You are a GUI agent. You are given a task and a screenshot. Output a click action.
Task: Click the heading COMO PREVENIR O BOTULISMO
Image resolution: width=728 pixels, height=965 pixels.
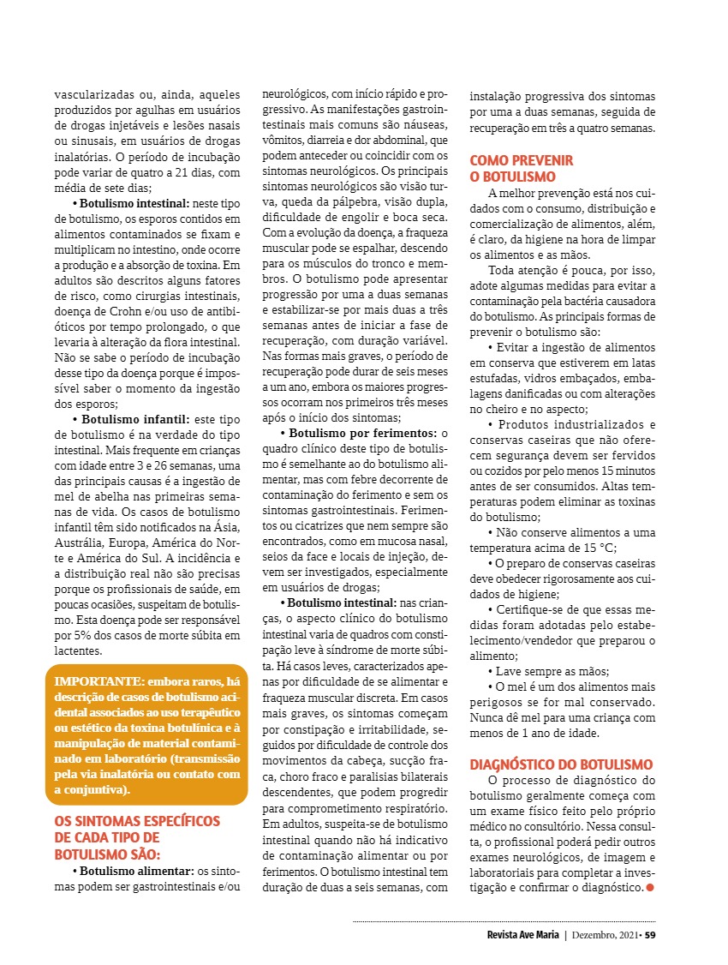(x=522, y=168)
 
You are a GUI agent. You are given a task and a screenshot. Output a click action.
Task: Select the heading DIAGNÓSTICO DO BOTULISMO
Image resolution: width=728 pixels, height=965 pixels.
(x=561, y=764)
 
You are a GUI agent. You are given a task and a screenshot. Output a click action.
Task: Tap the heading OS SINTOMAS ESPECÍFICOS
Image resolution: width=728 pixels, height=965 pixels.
(x=137, y=821)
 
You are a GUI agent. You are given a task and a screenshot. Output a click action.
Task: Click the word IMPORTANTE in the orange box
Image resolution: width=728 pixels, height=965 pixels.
(x=93, y=681)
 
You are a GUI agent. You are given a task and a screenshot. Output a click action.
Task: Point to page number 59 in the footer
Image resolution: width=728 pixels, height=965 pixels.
(x=650, y=934)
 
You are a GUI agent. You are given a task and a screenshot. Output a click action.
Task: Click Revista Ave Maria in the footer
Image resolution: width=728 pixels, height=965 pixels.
(x=516, y=934)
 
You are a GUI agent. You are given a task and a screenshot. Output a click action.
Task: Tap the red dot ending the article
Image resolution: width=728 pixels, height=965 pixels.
(x=649, y=887)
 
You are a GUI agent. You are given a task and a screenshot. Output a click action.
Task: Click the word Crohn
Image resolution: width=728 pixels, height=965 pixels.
(x=130, y=311)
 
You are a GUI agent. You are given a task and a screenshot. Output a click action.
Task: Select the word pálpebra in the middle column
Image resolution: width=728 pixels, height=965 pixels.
(x=368, y=201)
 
